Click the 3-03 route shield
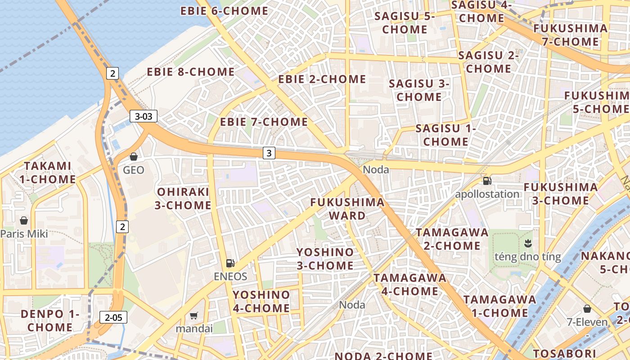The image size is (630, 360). (x=144, y=116)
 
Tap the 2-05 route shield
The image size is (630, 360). (x=113, y=317)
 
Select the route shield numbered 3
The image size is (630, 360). (x=269, y=153)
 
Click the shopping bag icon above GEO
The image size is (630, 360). (x=134, y=157)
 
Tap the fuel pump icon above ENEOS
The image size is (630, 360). (x=230, y=263)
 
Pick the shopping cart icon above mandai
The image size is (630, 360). (x=194, y=316)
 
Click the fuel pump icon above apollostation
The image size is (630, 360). (x=487, y=181)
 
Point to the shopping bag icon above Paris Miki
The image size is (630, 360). (x=24, y=220)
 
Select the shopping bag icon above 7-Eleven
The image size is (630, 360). (x=587, y=309)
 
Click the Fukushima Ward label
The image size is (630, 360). (x=347, y=209)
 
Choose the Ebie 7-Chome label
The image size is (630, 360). (x=264, y=122)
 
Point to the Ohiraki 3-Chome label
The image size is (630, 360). (x=183, y=198)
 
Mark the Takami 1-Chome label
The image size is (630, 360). (x=48, y=172)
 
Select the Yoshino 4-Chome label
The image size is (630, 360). (x=261, y=301)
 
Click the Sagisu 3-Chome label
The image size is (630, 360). (x=419, y=90)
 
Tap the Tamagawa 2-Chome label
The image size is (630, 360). (x=452, y=239)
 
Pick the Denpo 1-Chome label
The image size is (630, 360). (x=50, y=320)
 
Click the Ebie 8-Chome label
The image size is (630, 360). (x=190, y=72)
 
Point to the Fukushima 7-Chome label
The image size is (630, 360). (x=570, y=35)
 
